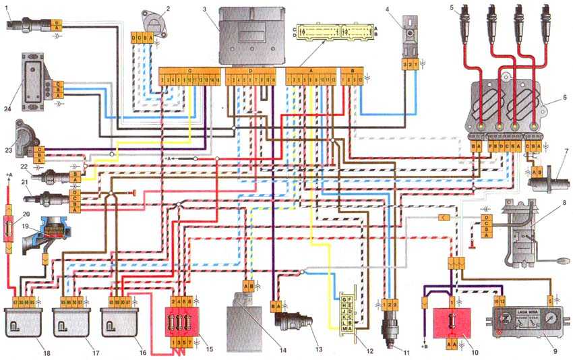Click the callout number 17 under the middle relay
click(86, 353)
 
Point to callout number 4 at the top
click(388, 8)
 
